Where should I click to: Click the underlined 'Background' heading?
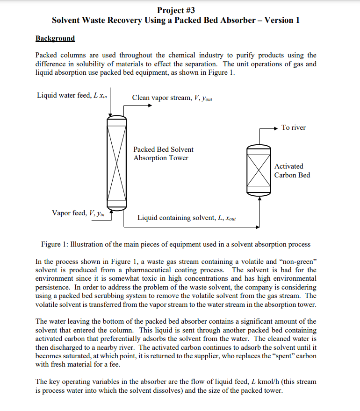[x=55, y=38]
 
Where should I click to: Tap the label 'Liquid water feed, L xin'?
[x=72, y=96]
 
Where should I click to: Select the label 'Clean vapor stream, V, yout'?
[x=172, y=98]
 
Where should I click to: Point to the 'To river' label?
[x=293, y=128]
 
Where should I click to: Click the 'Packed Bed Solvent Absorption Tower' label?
[x=163, y=154]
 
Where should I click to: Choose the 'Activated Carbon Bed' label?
[x=292, y=170]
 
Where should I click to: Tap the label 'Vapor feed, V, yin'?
[x=78, y=213]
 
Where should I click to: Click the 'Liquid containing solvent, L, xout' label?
[x=187, y=218]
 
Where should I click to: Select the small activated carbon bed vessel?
[x=259, y=168]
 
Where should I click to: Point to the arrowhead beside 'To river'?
[x=276, y=128]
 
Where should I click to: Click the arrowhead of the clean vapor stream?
[x=150, y=105]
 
